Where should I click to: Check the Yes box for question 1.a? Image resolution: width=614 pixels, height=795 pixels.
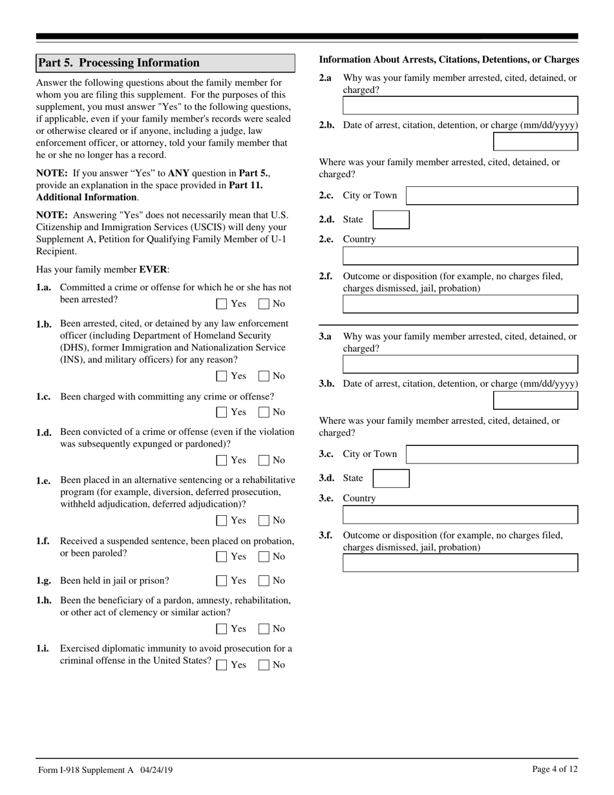pyautogui.click(x=222, y=304)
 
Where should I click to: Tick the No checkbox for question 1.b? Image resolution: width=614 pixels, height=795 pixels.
pyautogui.click(x=264, y=376)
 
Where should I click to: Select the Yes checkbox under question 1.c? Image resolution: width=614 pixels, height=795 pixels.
pyautogui.click(x=222, y=412)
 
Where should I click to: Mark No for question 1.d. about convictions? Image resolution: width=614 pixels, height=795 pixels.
pyautogui.click(x=264, y=461)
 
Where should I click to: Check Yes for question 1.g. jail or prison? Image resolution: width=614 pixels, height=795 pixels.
pyautogui.click(x=222, y=581)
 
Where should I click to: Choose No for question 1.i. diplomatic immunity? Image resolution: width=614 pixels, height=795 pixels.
pyautogui.click(x=264, y=665)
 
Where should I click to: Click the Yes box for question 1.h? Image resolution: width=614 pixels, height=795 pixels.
pyautogui.click(x=222, y=629)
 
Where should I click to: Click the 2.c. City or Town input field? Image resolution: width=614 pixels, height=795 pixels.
pyautogui.click(x=491, y=196)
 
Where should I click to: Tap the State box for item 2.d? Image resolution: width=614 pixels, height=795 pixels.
pyautogui.click(x=391, y=220)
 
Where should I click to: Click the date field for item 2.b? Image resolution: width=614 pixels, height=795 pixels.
pyautogui.click(x=535, y=142)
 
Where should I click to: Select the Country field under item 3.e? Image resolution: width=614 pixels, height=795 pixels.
pyautogui.click(x=460, y=514)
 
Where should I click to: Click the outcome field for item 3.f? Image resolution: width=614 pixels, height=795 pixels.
pyautogui.click(x=460, y=563)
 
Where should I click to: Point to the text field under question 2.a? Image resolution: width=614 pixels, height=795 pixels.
pyautogui.click(x=460, y=105)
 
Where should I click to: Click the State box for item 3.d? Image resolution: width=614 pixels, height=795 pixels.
pyautogui.click(x=391, y=478)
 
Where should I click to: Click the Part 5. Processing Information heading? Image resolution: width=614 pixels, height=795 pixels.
pyautogui.click(x=120, y=63)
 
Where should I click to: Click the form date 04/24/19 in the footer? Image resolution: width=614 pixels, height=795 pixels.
pyautogui.click(x=154, y=770)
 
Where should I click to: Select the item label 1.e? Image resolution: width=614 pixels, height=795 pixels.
pyautogui.click(x=43, y=481)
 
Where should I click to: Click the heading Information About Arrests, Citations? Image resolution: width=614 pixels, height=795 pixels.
pyautogui.click(x=449, y=59)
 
